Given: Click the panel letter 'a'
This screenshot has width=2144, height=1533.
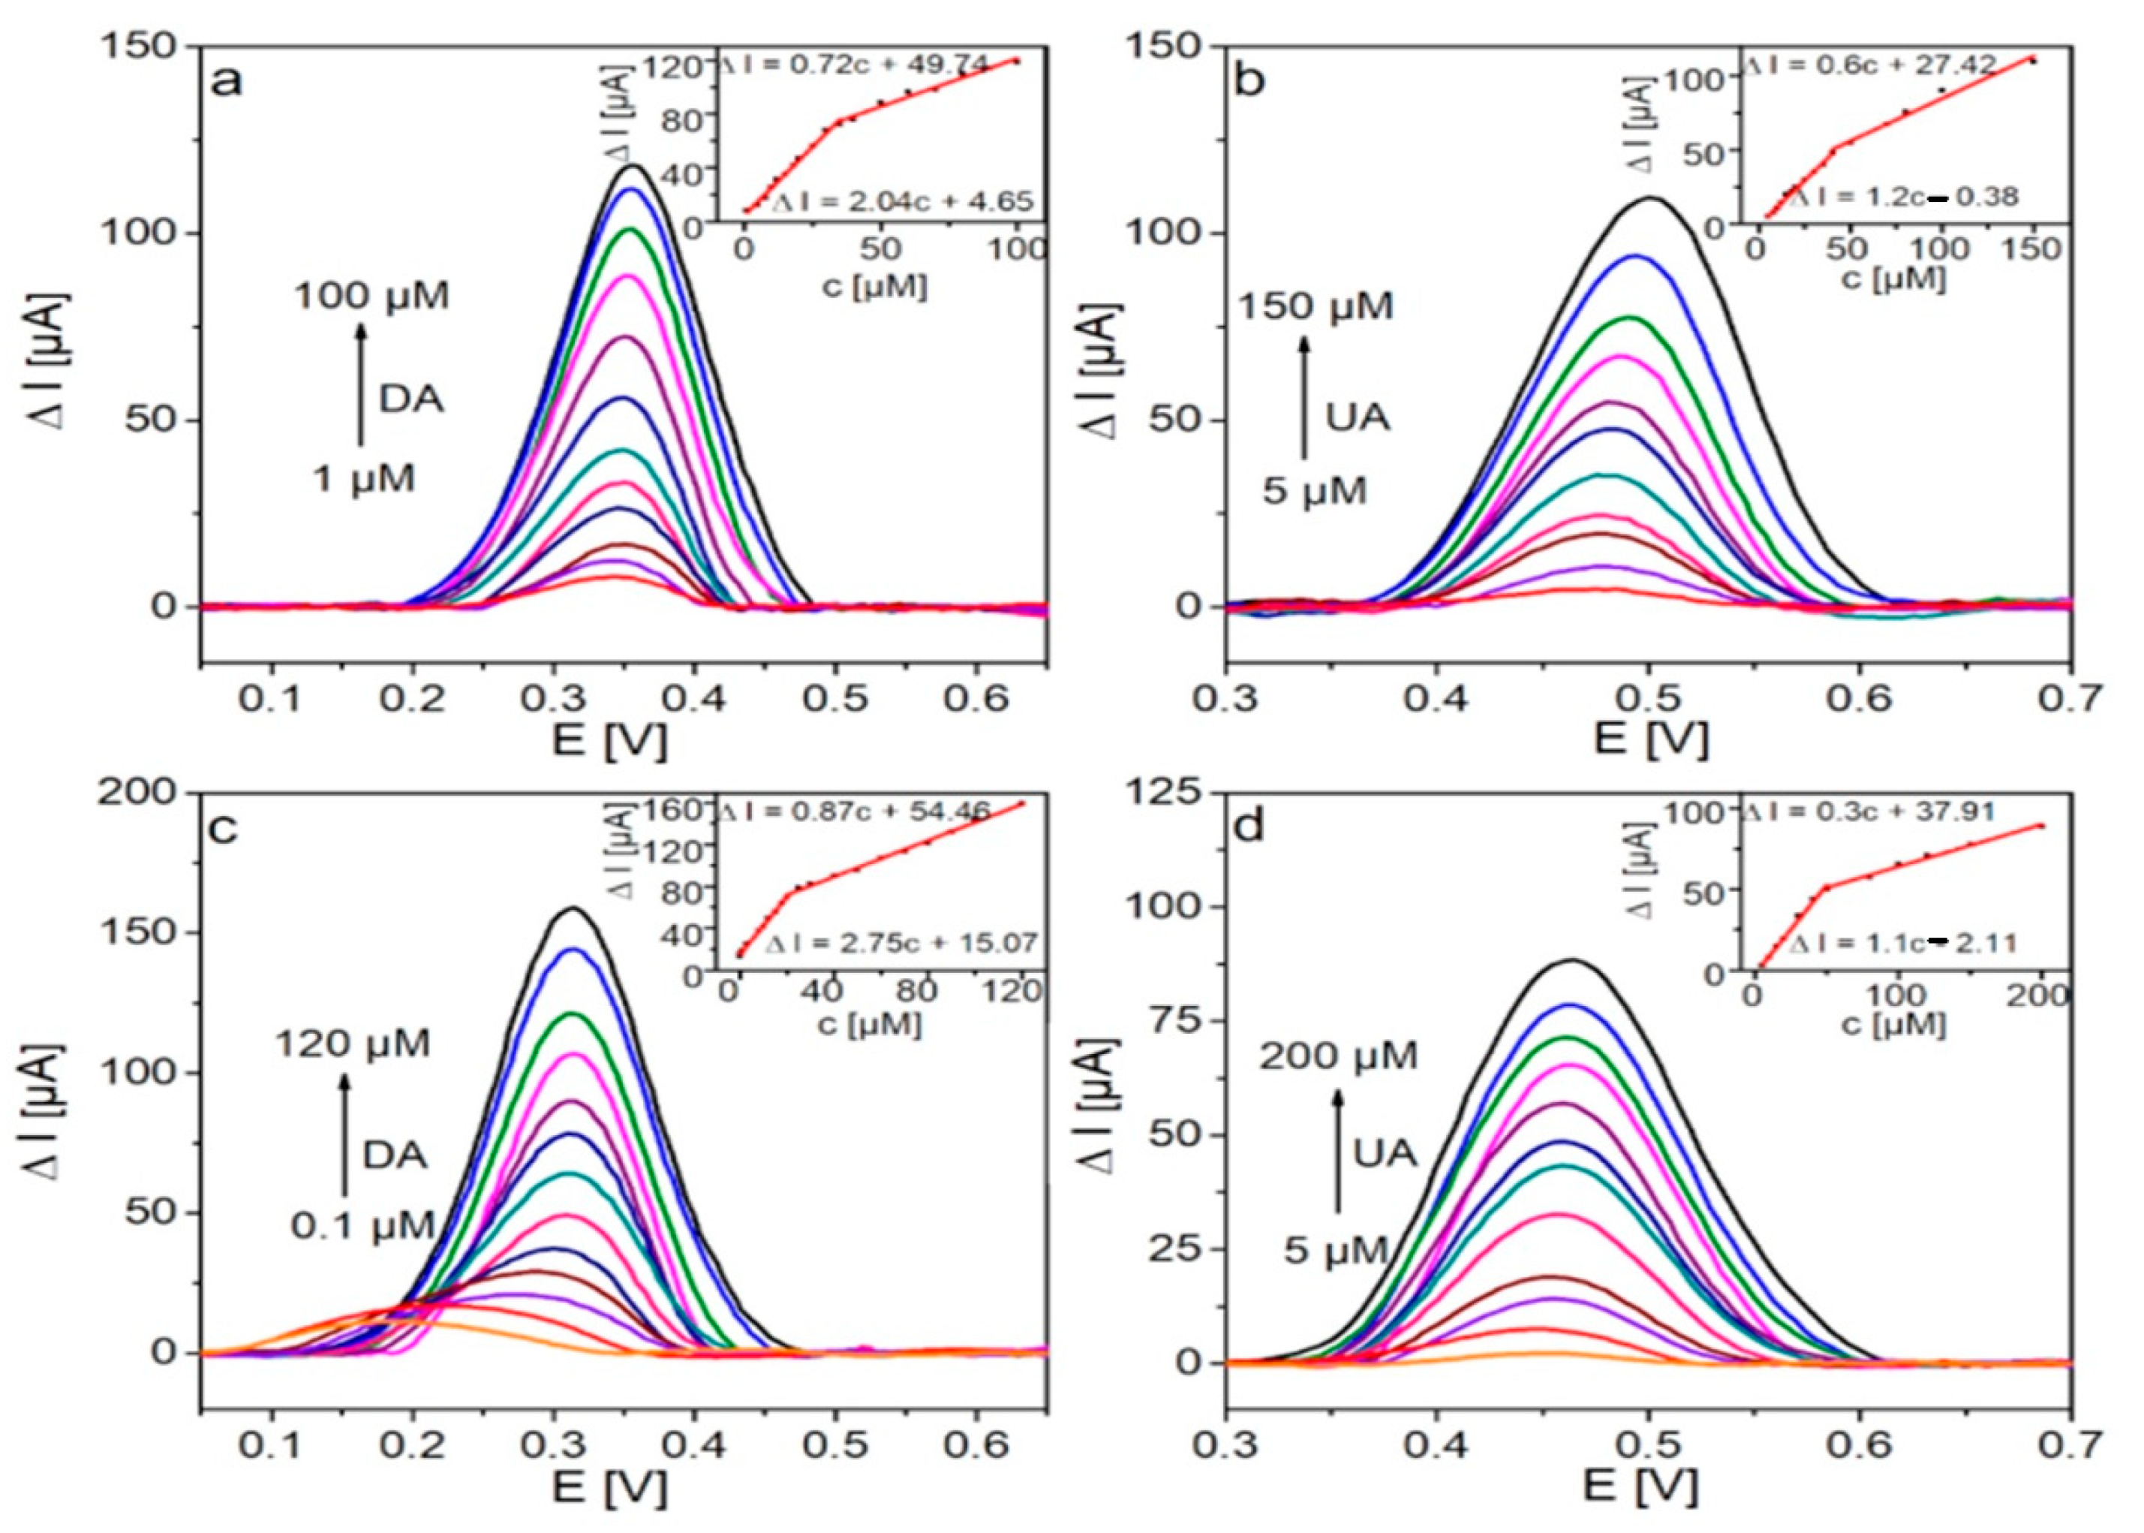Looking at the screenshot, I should (x=227, y=82).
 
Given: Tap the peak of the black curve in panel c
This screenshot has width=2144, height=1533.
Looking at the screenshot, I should (x=572, y=909).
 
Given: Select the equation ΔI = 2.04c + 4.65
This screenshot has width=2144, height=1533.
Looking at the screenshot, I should (x=903, y=201).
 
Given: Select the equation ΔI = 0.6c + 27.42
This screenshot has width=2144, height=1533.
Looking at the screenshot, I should (x=1869, y=65).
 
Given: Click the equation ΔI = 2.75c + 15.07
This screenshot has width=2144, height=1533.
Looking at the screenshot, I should (x=901, y=943).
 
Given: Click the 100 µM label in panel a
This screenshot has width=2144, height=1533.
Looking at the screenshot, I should (x=371, y=297).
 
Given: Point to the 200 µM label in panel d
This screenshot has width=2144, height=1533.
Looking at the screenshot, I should (x=1338, y=1056).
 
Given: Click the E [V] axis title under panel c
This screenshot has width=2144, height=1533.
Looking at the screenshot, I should (x=609, y=1489).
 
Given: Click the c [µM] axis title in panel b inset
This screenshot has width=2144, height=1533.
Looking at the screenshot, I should (x=1895, y=280).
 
